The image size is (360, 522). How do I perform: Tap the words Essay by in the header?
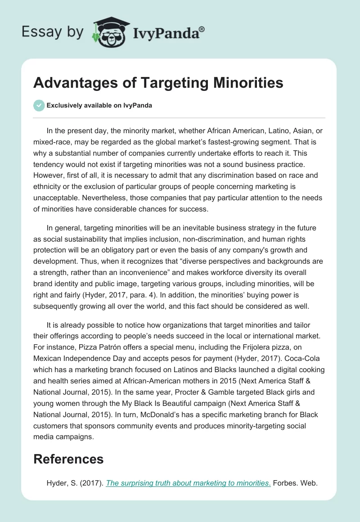[53, 32]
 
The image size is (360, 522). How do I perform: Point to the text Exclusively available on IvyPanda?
[99, 105]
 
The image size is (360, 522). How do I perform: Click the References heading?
[69, 459]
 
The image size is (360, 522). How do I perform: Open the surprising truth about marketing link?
[188, 484]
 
